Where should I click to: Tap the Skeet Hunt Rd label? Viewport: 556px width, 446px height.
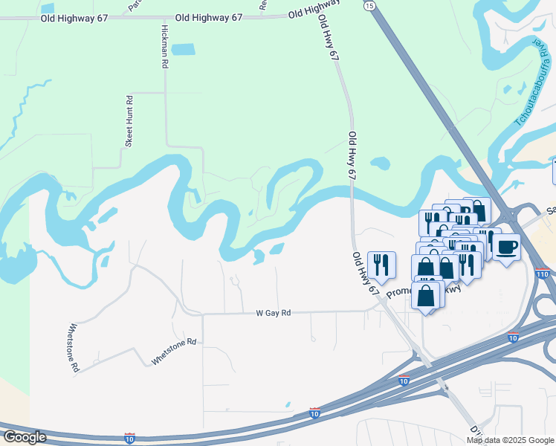click(129, 121)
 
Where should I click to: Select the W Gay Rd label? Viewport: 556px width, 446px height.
click(274, 313)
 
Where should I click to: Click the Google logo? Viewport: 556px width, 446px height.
click(24, 437)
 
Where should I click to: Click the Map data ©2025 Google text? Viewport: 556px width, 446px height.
click(511, 440)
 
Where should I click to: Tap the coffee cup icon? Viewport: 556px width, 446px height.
click(507, 246)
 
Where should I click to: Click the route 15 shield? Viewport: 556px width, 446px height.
click(369, 5)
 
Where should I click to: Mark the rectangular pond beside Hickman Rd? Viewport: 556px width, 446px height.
click(182, 50)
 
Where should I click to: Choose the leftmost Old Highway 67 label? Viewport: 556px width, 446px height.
click(70, 16)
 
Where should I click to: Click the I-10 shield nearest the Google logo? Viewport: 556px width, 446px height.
click(129, 438)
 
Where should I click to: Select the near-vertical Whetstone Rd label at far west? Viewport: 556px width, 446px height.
click(74, 347)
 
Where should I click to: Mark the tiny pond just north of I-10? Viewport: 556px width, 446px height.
click(288, 405)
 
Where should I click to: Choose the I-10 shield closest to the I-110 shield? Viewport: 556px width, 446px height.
click(513, 338)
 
